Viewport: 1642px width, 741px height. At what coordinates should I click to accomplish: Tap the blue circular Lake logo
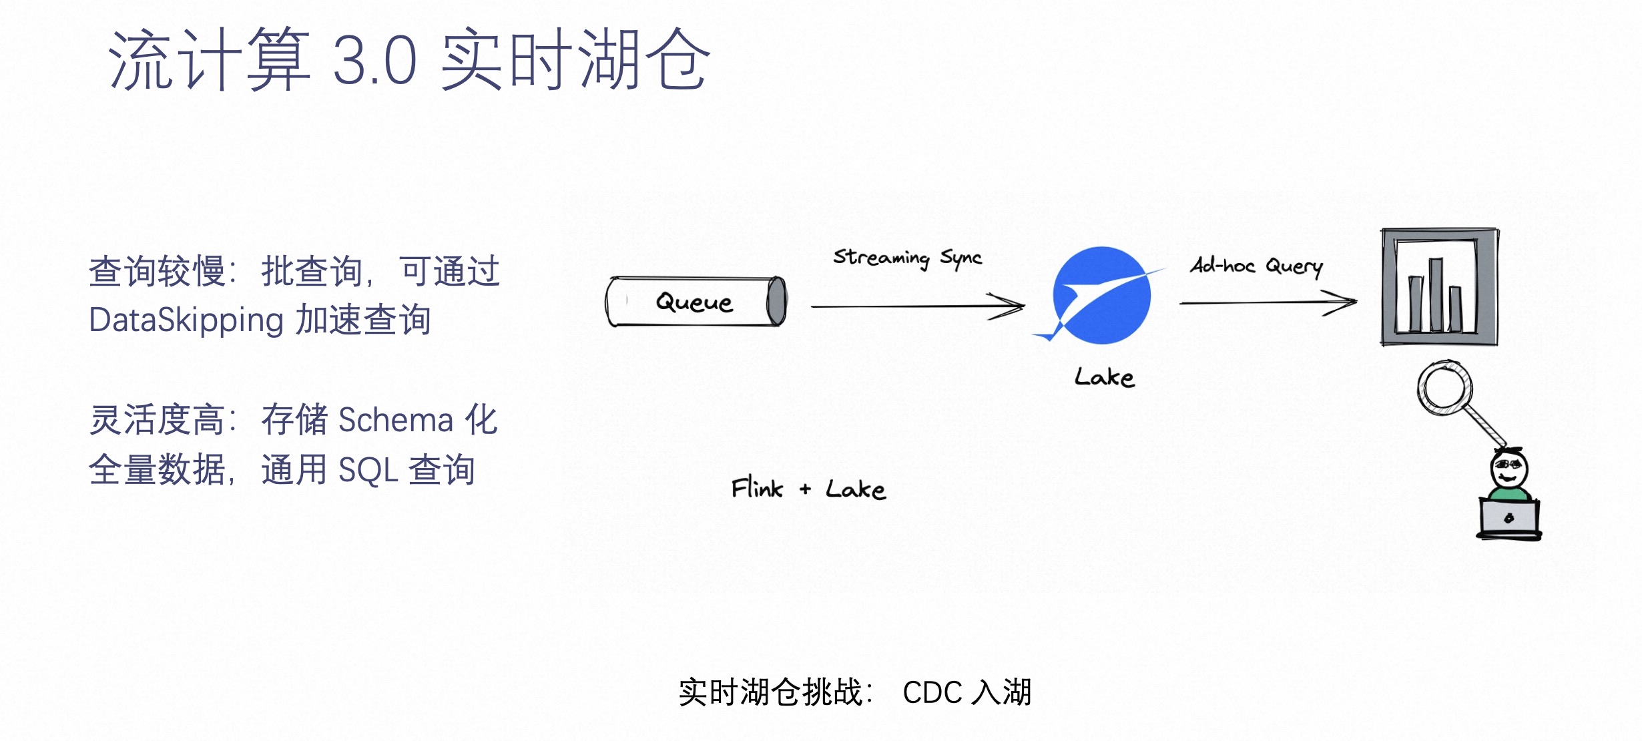click(x=1101, y=295)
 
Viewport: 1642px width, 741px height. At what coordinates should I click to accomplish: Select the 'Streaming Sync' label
click(x=907, y=258)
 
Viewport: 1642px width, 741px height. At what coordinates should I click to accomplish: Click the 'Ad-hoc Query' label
click(x=1256, y=266)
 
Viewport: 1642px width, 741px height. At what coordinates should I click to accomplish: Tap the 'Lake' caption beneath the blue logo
click(x=1104, y=378)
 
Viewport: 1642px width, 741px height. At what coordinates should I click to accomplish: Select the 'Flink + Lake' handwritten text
click(x=808, y=489)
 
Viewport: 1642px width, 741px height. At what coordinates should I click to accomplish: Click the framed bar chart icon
click(x=1439, y=287)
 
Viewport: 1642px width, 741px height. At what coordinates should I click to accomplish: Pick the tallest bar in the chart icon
click(x=1436, y=294)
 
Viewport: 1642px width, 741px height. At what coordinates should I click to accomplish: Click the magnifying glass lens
click(x=1444, y=387)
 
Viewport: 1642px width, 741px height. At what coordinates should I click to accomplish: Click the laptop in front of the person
click(x=1509, y=519)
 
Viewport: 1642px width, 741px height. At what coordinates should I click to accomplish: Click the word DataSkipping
click(x=186, y=320)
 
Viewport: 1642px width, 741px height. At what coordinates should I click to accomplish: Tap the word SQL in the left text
click(x=368, y=470)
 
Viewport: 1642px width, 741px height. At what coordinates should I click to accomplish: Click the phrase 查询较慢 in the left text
click(x=157, y=272)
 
